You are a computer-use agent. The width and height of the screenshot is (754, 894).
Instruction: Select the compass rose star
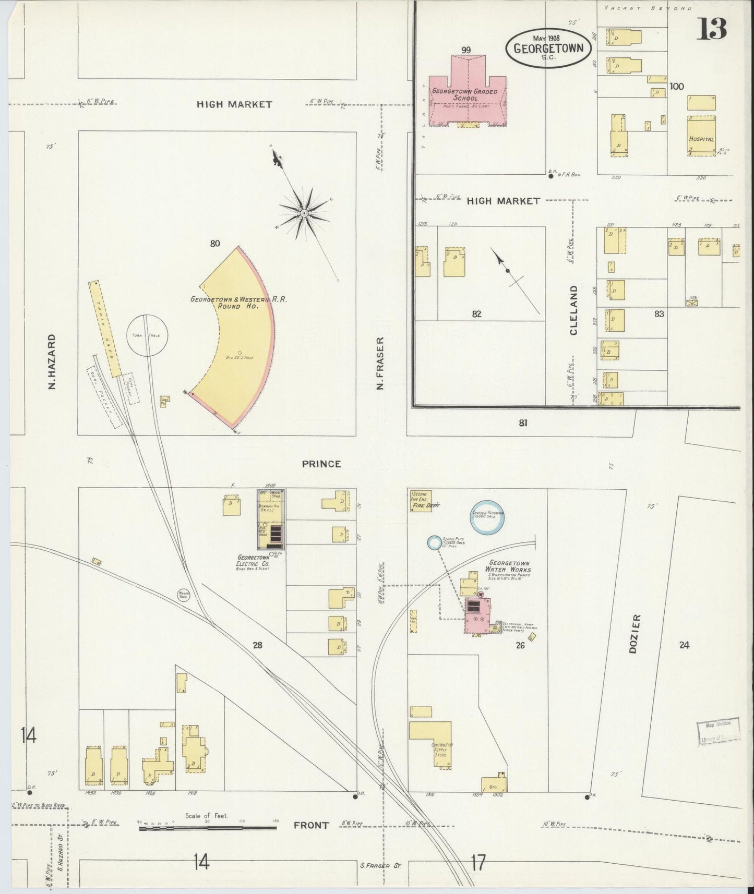click(304, 213)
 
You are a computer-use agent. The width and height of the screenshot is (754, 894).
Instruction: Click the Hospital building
click(701, 136)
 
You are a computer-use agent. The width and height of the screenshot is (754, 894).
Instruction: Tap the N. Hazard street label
click(52, 361)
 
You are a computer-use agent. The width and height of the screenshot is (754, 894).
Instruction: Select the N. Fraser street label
click(380, 363)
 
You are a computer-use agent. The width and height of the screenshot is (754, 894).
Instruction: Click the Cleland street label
click(574, 310)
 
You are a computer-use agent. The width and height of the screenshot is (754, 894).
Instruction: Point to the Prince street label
click(321, 464)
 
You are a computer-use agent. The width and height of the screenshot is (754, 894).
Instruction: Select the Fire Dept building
click(421, 501)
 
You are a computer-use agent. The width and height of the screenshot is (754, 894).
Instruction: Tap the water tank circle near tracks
click(184, 594)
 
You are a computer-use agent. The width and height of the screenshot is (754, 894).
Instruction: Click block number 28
click(257, 645)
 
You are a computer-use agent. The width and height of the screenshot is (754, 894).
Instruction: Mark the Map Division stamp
click(717, 730)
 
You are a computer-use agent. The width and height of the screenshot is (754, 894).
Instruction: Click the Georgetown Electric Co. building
click(270, 520)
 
